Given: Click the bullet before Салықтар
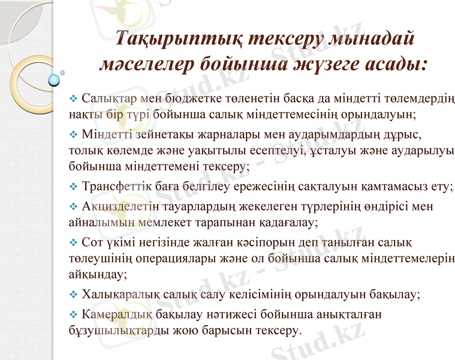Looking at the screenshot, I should pyautogui.click(x=74, y=97).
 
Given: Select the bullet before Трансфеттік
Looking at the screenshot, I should pyautogui.click(x=74, y=187).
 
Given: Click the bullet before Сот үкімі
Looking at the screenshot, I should pyautogui.click(x=74, y=242).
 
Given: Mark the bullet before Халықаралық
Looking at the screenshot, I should pyautogui.click(x=74, y=295).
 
